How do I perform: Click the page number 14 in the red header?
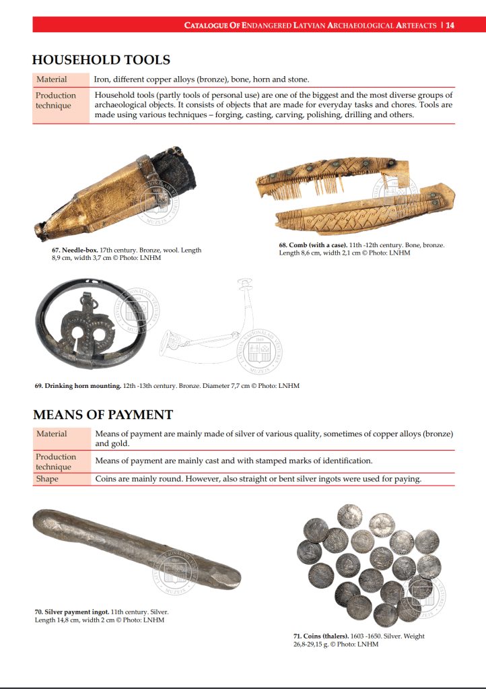[x=450, y=26]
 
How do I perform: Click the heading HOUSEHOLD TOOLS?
[x=101, y=60]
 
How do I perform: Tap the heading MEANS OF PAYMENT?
[x=102, y=415]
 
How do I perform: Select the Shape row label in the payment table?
[x=47, y=479]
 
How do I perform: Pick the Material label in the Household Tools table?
[x=52, y=79]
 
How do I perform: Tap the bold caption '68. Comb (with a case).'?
[x=313, y=245]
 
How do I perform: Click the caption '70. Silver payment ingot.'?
[x=72, y=612]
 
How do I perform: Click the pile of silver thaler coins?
[x=369, y=564]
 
